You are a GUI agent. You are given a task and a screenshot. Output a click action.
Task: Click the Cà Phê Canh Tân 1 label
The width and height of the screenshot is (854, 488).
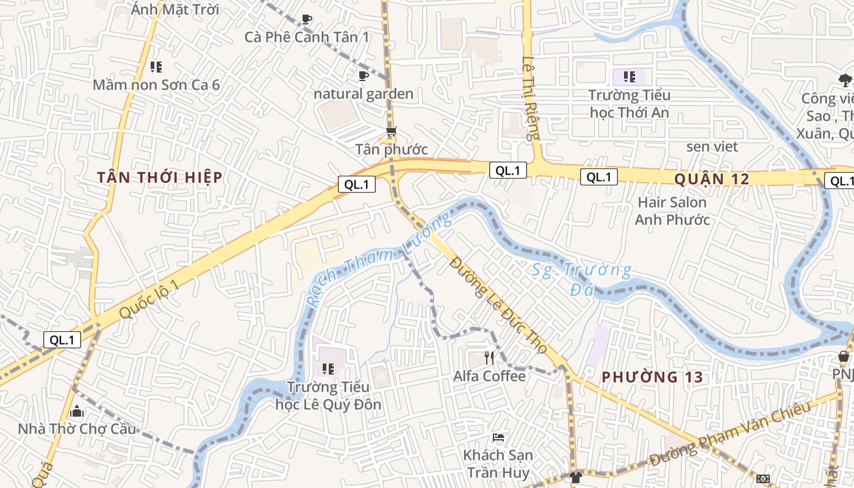307,37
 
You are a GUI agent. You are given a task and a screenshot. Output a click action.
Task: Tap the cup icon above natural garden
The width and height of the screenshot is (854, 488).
364,76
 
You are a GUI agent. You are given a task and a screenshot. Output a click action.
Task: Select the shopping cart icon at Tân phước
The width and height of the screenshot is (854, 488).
391,132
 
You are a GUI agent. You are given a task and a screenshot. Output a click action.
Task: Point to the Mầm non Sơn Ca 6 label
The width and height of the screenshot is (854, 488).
156,85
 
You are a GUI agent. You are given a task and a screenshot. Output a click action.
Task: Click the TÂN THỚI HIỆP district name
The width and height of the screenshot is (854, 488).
160,178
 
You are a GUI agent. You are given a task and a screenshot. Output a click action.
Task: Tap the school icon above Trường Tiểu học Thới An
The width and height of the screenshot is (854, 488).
630,77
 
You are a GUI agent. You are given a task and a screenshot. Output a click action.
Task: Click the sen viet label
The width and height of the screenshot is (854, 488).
712,146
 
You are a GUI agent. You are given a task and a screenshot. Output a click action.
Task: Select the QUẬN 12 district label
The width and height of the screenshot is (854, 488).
711,179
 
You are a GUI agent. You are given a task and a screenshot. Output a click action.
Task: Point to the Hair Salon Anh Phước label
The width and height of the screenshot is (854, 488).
672,210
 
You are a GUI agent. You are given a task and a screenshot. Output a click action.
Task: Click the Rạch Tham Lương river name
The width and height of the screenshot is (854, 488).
378,259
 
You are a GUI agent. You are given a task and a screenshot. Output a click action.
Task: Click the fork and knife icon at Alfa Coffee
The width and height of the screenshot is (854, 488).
489,357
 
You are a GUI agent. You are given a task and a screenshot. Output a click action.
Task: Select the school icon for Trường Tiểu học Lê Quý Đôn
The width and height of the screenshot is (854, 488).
328,368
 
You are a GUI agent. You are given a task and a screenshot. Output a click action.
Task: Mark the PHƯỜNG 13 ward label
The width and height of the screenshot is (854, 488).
652,377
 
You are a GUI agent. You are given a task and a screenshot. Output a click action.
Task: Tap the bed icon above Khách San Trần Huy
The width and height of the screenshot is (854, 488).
498,437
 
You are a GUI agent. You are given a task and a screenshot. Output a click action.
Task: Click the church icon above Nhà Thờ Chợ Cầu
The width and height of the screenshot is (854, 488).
77,411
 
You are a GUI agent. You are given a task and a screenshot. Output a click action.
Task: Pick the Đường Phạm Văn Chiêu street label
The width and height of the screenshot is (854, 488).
730,434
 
